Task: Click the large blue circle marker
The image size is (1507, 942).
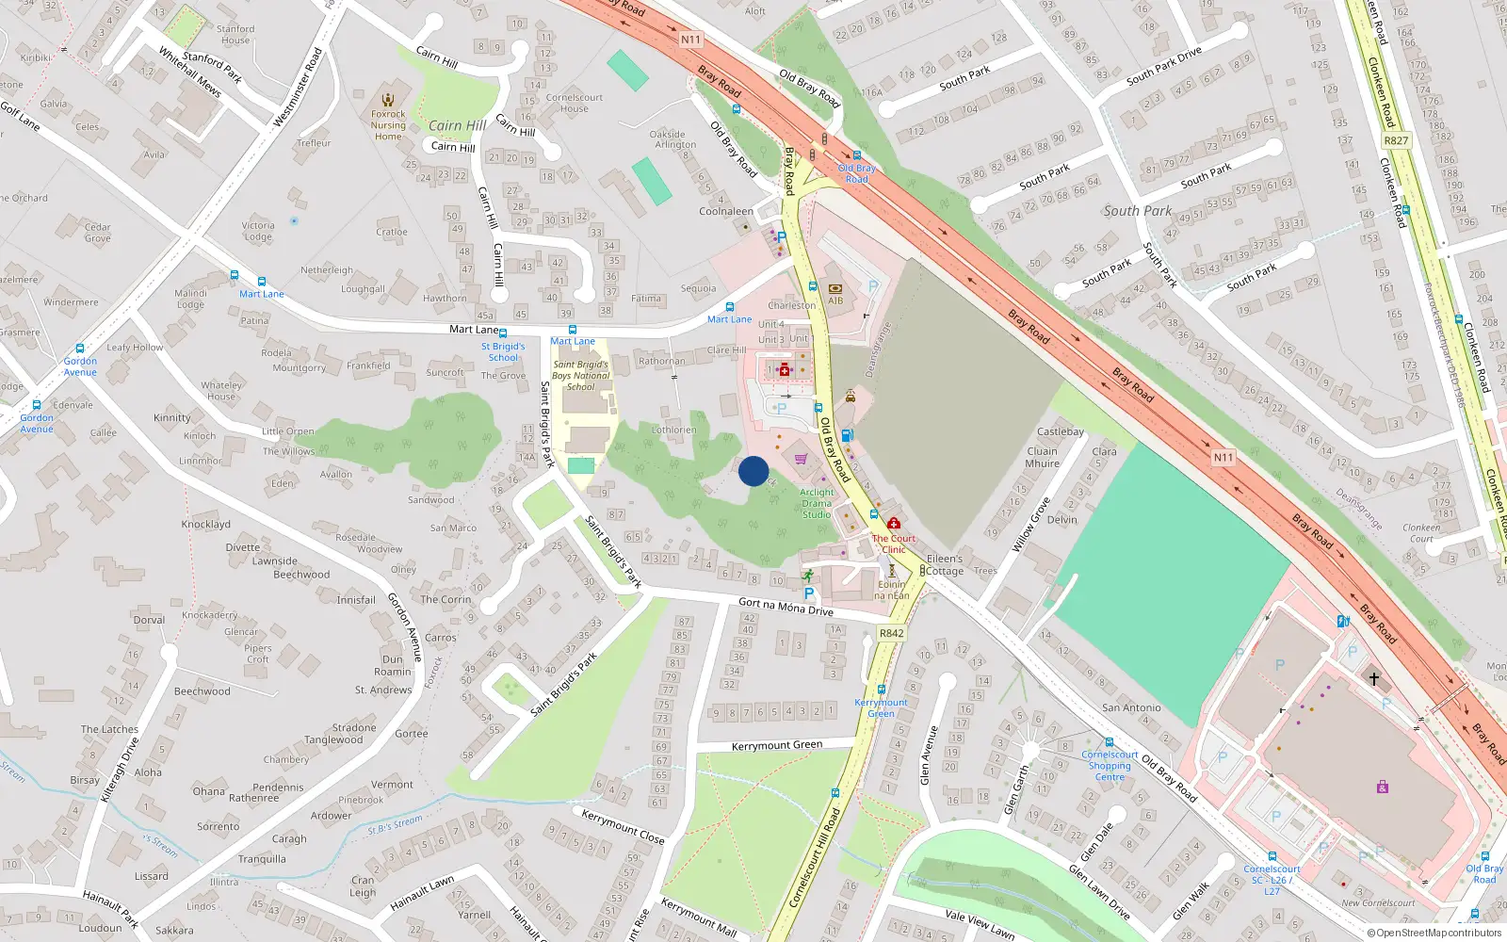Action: click(753, 471)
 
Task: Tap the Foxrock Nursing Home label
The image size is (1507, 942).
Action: click(388, 125)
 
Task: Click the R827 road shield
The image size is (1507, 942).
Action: click(1396, 140)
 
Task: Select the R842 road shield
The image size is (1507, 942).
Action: click(891, 633)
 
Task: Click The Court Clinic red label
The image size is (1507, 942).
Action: click(893, 544)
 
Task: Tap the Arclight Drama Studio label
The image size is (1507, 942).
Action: click(817, 503)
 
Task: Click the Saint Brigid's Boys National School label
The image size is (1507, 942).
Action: click(580, 375)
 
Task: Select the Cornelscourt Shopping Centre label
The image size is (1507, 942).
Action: click(1110, 766)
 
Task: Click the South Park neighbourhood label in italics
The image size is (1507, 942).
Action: click(1138, 211)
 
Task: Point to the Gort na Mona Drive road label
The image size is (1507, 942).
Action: click(786, 606)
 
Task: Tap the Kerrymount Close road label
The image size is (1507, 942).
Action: click(623, 826)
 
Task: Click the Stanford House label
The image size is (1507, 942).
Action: click(235, 34)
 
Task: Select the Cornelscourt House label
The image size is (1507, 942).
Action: click(574, 103)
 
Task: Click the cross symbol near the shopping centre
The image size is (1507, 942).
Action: click(1373, 678)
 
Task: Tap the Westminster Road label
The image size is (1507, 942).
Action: click(298, 88)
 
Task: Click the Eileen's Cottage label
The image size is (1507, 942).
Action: click(944, 564)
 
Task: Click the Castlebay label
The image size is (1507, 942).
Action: click(1061, 431)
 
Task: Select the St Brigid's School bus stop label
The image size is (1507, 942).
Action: click(503, 351)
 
